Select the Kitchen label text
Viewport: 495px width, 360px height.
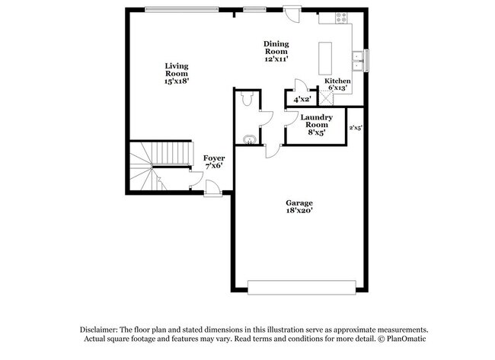pos(337,81)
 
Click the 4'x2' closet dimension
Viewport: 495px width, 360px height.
pos(302,99)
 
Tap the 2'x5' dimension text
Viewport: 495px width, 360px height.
pos(356,128)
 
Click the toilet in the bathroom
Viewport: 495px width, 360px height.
pos(246,99)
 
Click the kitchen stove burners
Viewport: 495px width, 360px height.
pos(340,18)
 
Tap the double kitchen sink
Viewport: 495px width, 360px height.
pos(356,58)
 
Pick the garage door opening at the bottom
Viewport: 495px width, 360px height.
pos(302,286)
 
